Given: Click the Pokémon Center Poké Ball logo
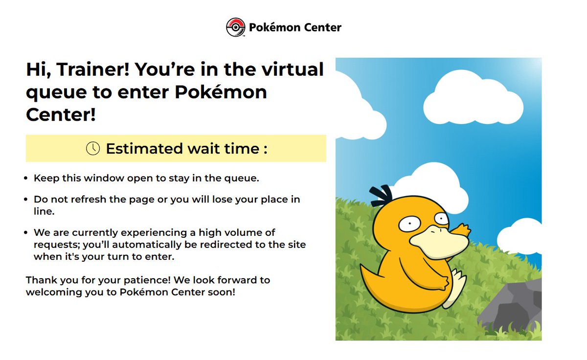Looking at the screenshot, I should [235, 27].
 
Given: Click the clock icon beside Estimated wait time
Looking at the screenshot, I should [93, 148].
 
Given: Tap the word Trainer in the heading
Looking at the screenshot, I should [93, 69].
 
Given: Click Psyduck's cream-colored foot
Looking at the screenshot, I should [455, 289].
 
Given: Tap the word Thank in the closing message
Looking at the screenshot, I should [40, 280].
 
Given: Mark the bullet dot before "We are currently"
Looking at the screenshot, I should [26, 233].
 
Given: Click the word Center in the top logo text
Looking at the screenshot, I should [321, 27].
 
